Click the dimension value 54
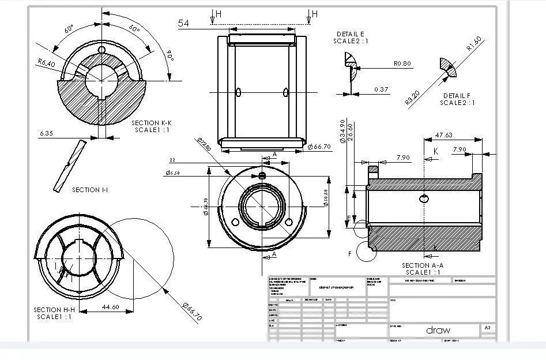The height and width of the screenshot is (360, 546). pyautogui.click(x=184, y=23)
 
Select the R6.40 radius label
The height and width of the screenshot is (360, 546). pyautogui.click(x=46, y=63)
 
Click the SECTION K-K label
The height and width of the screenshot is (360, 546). pyautogui.click(x=152, y=123)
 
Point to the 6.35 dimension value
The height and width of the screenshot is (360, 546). pyautogui.click(x=47, y=133)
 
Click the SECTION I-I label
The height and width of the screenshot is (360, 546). pyautogui.click(x=90, y=190)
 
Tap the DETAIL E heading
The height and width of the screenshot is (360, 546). pyautogui.click(x=351, y=34)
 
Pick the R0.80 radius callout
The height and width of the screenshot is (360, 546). pyautogui.click(x=402, y=63)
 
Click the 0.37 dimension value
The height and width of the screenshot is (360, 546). pyautogui.click(x=381, y=89)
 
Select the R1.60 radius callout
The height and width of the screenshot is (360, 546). pyautogui.click(x=474, y=45)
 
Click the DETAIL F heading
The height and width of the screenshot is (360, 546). pyautogui.click(x=457, y=96)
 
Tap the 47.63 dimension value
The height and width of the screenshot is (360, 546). pyautogui.click(x=443, y=134)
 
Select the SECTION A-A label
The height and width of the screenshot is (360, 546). pyautogui.click(x=423, y=265)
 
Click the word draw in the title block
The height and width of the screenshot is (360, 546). pyautogui.click(x=438, y=330)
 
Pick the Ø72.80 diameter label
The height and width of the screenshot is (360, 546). pyautogui.click(x=204, y=144)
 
